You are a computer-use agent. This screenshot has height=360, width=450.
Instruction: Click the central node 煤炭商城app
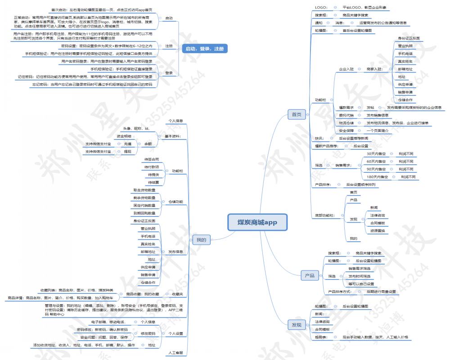[257, 222]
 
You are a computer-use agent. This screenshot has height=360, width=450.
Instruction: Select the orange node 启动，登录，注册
[205, 49]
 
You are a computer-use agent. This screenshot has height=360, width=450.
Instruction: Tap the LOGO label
[321, 8]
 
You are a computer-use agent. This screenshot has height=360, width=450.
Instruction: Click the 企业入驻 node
[346, 69]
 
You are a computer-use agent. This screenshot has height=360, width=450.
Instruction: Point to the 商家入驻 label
[374, 69]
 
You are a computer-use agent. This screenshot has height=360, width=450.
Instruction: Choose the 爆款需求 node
[346, 108]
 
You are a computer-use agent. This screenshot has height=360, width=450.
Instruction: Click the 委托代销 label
[346, 115]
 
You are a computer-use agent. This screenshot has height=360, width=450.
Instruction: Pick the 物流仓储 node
[346, 123]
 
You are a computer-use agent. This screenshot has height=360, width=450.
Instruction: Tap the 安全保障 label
[346, 130]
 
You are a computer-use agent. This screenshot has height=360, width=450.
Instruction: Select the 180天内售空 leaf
[378, 177]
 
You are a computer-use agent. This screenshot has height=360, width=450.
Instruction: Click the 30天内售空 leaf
[376, 154]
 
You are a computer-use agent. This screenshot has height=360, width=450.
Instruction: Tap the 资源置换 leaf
[377, 230]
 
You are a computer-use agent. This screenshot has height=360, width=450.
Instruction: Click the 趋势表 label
[322, 337]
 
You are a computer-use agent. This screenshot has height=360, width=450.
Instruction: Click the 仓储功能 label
[175, 201]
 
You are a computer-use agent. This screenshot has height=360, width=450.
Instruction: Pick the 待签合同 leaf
[151, 159]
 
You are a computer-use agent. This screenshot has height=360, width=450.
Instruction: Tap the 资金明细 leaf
[124, 136]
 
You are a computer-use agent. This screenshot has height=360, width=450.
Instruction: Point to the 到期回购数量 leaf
[144, 213]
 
